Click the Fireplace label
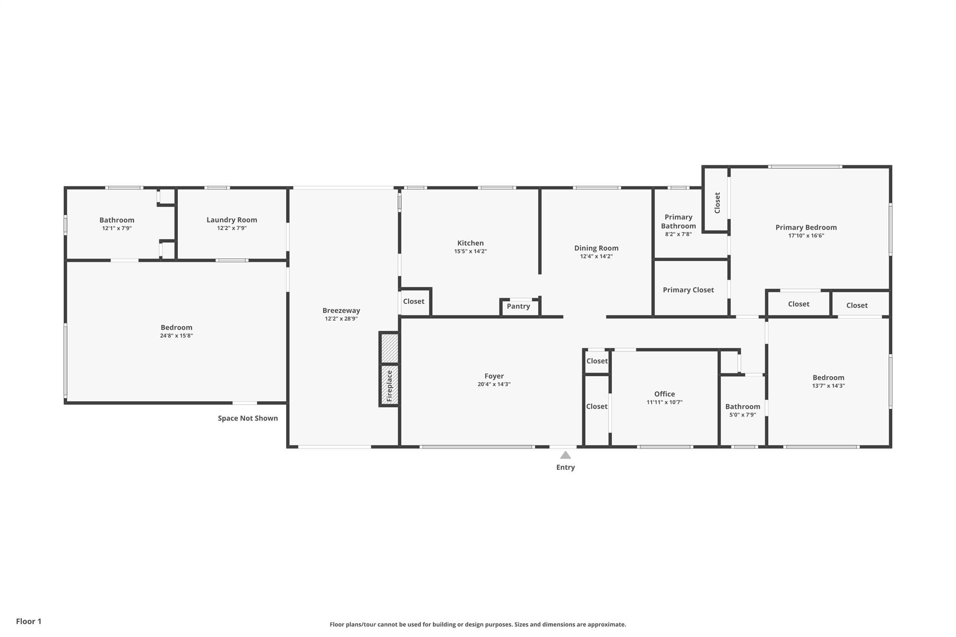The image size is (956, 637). [x=389, y=385]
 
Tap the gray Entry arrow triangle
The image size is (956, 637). [x=565, y=455]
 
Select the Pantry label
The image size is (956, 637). [x=518, y=307]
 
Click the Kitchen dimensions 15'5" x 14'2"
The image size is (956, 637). [x=470, y=252]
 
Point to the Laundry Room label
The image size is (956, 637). [x=232, y=220]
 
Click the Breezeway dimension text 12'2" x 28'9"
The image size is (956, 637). [x=341, y=319]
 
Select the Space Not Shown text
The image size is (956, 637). [x=247, y=418]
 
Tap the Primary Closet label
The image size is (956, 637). [x=688, y=290]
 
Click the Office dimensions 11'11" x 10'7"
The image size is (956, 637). [x=664, y=402]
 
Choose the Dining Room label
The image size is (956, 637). [x=596, y=248]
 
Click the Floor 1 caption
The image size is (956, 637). [x=28, y=621]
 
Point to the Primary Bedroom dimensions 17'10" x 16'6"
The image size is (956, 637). [x=806, y=236]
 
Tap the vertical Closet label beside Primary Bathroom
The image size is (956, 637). [x=717, y=203]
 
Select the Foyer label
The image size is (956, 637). [x=494, y=376]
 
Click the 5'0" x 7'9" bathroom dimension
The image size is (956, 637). [x=742, y=415]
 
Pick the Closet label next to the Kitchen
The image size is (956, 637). [x=414, y=301]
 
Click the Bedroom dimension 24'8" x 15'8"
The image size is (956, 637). [x=176, y=336]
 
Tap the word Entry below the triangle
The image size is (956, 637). [x=565, y=467]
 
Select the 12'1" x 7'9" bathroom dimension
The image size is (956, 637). [x=117, y=228]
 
